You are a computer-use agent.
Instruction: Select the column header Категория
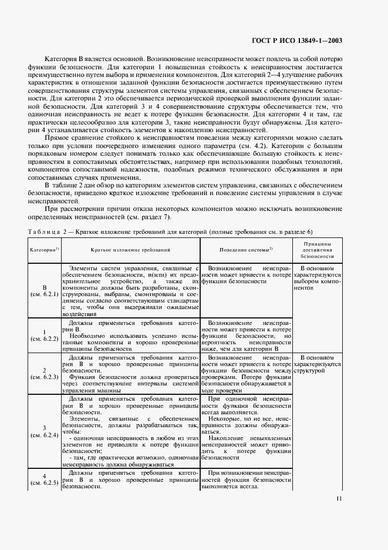coord(44,250)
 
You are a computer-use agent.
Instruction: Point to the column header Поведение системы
coord(246,250)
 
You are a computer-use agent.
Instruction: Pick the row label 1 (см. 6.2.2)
coord(44,336)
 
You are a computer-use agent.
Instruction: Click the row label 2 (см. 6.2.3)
coord(44,373)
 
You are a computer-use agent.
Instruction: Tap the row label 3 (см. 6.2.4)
coord(44,431)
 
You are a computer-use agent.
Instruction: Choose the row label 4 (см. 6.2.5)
coord(44,478)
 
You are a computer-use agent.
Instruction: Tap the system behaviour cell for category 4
coord(246,479)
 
